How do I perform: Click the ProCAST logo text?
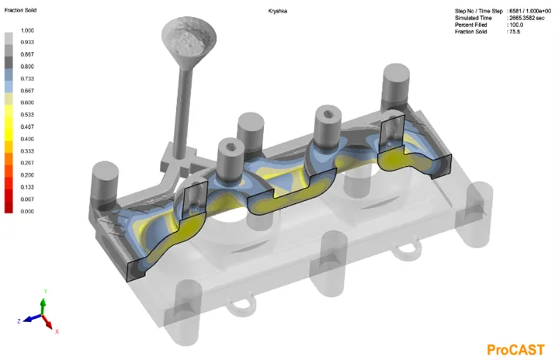(x=515, y=350)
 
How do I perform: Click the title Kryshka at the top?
(x=278, y=12)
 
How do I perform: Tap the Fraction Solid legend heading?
(x=20, y=10)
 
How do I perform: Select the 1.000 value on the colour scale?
(x=27, y=30)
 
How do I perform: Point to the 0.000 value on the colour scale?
(x=27, y=212)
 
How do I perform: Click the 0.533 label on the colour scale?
(x=27, y=115)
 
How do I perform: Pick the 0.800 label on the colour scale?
(x=27, y=67)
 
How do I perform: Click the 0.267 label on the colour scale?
(x=27, y=163)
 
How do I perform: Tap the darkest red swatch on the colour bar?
(x=9, y=207)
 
